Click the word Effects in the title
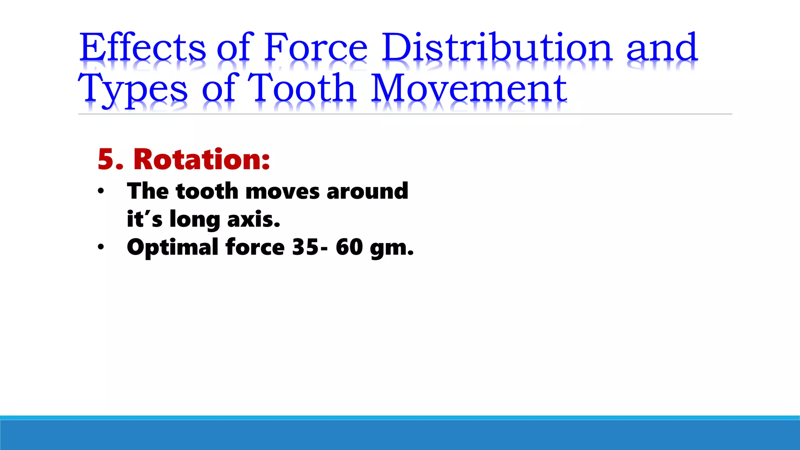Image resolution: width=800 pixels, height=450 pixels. [x=143, y=47]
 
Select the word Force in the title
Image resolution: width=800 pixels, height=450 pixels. [x=316, y=47]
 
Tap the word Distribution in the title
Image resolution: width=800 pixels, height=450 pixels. [x=497, y=47]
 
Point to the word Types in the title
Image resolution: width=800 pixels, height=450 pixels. [x=133, y=89]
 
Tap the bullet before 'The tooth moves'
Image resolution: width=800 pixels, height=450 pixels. [x=101, y=191]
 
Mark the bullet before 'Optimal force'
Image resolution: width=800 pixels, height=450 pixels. [x=101, y=247]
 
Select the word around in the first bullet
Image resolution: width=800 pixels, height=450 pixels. [x=367, y=191]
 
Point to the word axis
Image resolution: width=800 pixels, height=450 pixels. [x=254, y=220]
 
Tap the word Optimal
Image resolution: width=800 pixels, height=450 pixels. [x=173, y=248]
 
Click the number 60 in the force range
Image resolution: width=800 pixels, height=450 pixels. [x=349, y=247]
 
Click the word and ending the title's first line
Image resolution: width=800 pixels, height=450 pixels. [x=662, y=47]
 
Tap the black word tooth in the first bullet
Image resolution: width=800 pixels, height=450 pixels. [x=207, y=191]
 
